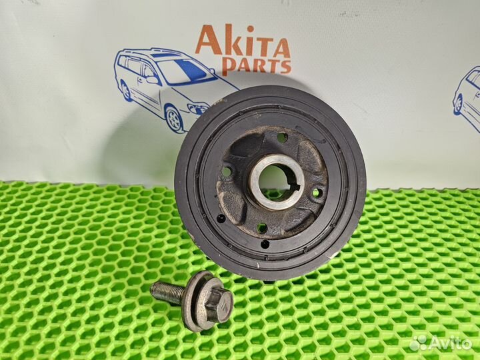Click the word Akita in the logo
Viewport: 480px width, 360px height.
coord(242,43)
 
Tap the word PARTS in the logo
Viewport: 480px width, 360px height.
coord(257,66)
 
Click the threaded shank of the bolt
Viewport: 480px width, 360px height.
coord(167,291)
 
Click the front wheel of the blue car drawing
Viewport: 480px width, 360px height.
coord(173,119)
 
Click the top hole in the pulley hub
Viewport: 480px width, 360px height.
coord(282,137)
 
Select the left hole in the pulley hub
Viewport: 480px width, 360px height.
coord(227,171)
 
